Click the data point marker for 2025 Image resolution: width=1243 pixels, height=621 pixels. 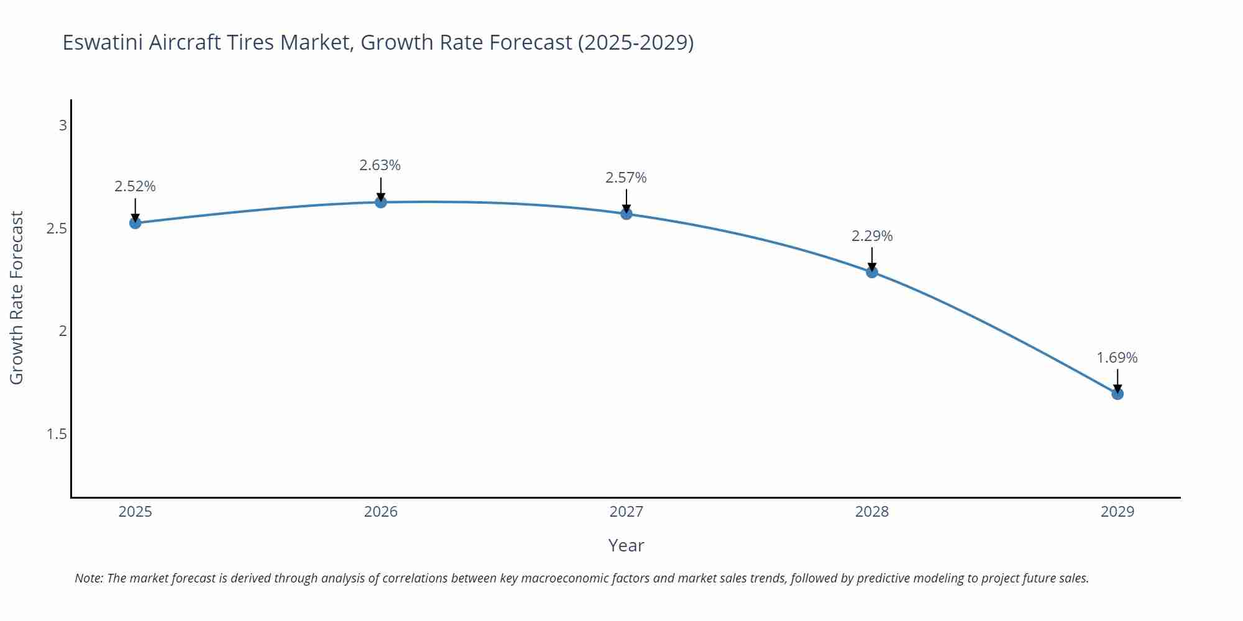point(135,222)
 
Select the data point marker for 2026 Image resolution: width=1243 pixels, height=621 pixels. point(381,202)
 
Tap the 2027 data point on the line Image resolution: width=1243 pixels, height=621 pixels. point(626,214)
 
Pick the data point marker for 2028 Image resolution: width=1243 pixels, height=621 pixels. point(872,271)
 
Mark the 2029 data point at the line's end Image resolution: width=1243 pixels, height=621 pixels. point(1117,394)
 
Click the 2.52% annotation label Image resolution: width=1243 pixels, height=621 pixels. point(135,186)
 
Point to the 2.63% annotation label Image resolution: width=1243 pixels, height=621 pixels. point(380,165)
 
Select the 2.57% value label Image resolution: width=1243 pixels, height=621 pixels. point(626,178)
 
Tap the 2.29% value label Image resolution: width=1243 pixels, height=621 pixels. point(872,236)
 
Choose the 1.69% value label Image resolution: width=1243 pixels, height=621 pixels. point(1117,358)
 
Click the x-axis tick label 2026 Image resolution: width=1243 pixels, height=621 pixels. point(381,512)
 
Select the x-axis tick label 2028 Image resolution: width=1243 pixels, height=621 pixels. point(872,512)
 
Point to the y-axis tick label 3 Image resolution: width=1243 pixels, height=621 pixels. point(63,125)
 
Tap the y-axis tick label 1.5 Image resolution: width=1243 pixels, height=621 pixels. point(57,434)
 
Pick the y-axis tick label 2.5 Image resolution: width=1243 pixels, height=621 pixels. point(57,229)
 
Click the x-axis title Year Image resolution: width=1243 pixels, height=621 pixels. point(626,545)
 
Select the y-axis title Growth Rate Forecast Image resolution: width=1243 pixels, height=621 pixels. point(17,297)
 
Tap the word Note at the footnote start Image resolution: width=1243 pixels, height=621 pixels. point(88,578)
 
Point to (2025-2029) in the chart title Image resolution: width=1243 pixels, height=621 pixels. point(635,42)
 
